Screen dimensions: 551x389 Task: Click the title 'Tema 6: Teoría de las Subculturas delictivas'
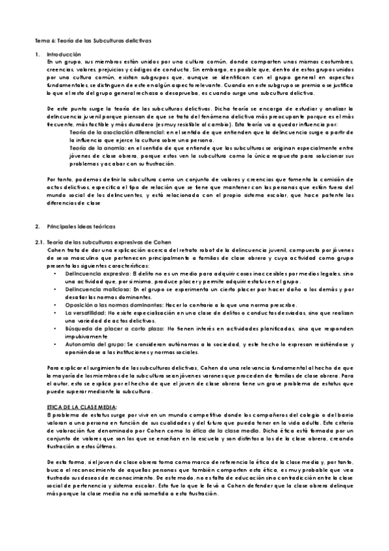[93, 40]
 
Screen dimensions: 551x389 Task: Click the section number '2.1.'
[40, 242]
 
